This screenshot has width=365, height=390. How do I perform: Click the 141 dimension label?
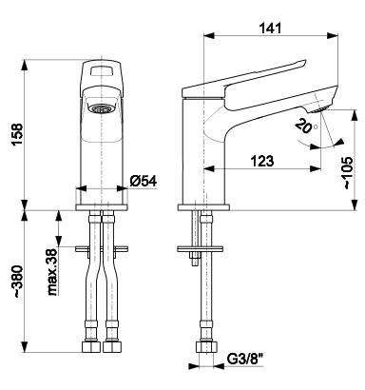(x=270, y=29)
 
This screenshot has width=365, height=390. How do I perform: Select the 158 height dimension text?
(x=17, y=134)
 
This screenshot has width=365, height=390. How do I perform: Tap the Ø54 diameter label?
(x=144, y=181)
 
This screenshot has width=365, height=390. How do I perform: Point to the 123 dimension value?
(x=262, y=161)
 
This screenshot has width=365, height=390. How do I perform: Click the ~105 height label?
(x=348, y=173)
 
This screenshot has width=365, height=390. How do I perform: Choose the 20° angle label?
(x=305, y=126)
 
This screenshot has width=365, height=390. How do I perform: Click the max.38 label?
(x=53, y=272)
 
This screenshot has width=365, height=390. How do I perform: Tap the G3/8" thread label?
(x=245, y=360)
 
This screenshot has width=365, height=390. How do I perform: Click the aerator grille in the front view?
(x=101, y=108)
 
